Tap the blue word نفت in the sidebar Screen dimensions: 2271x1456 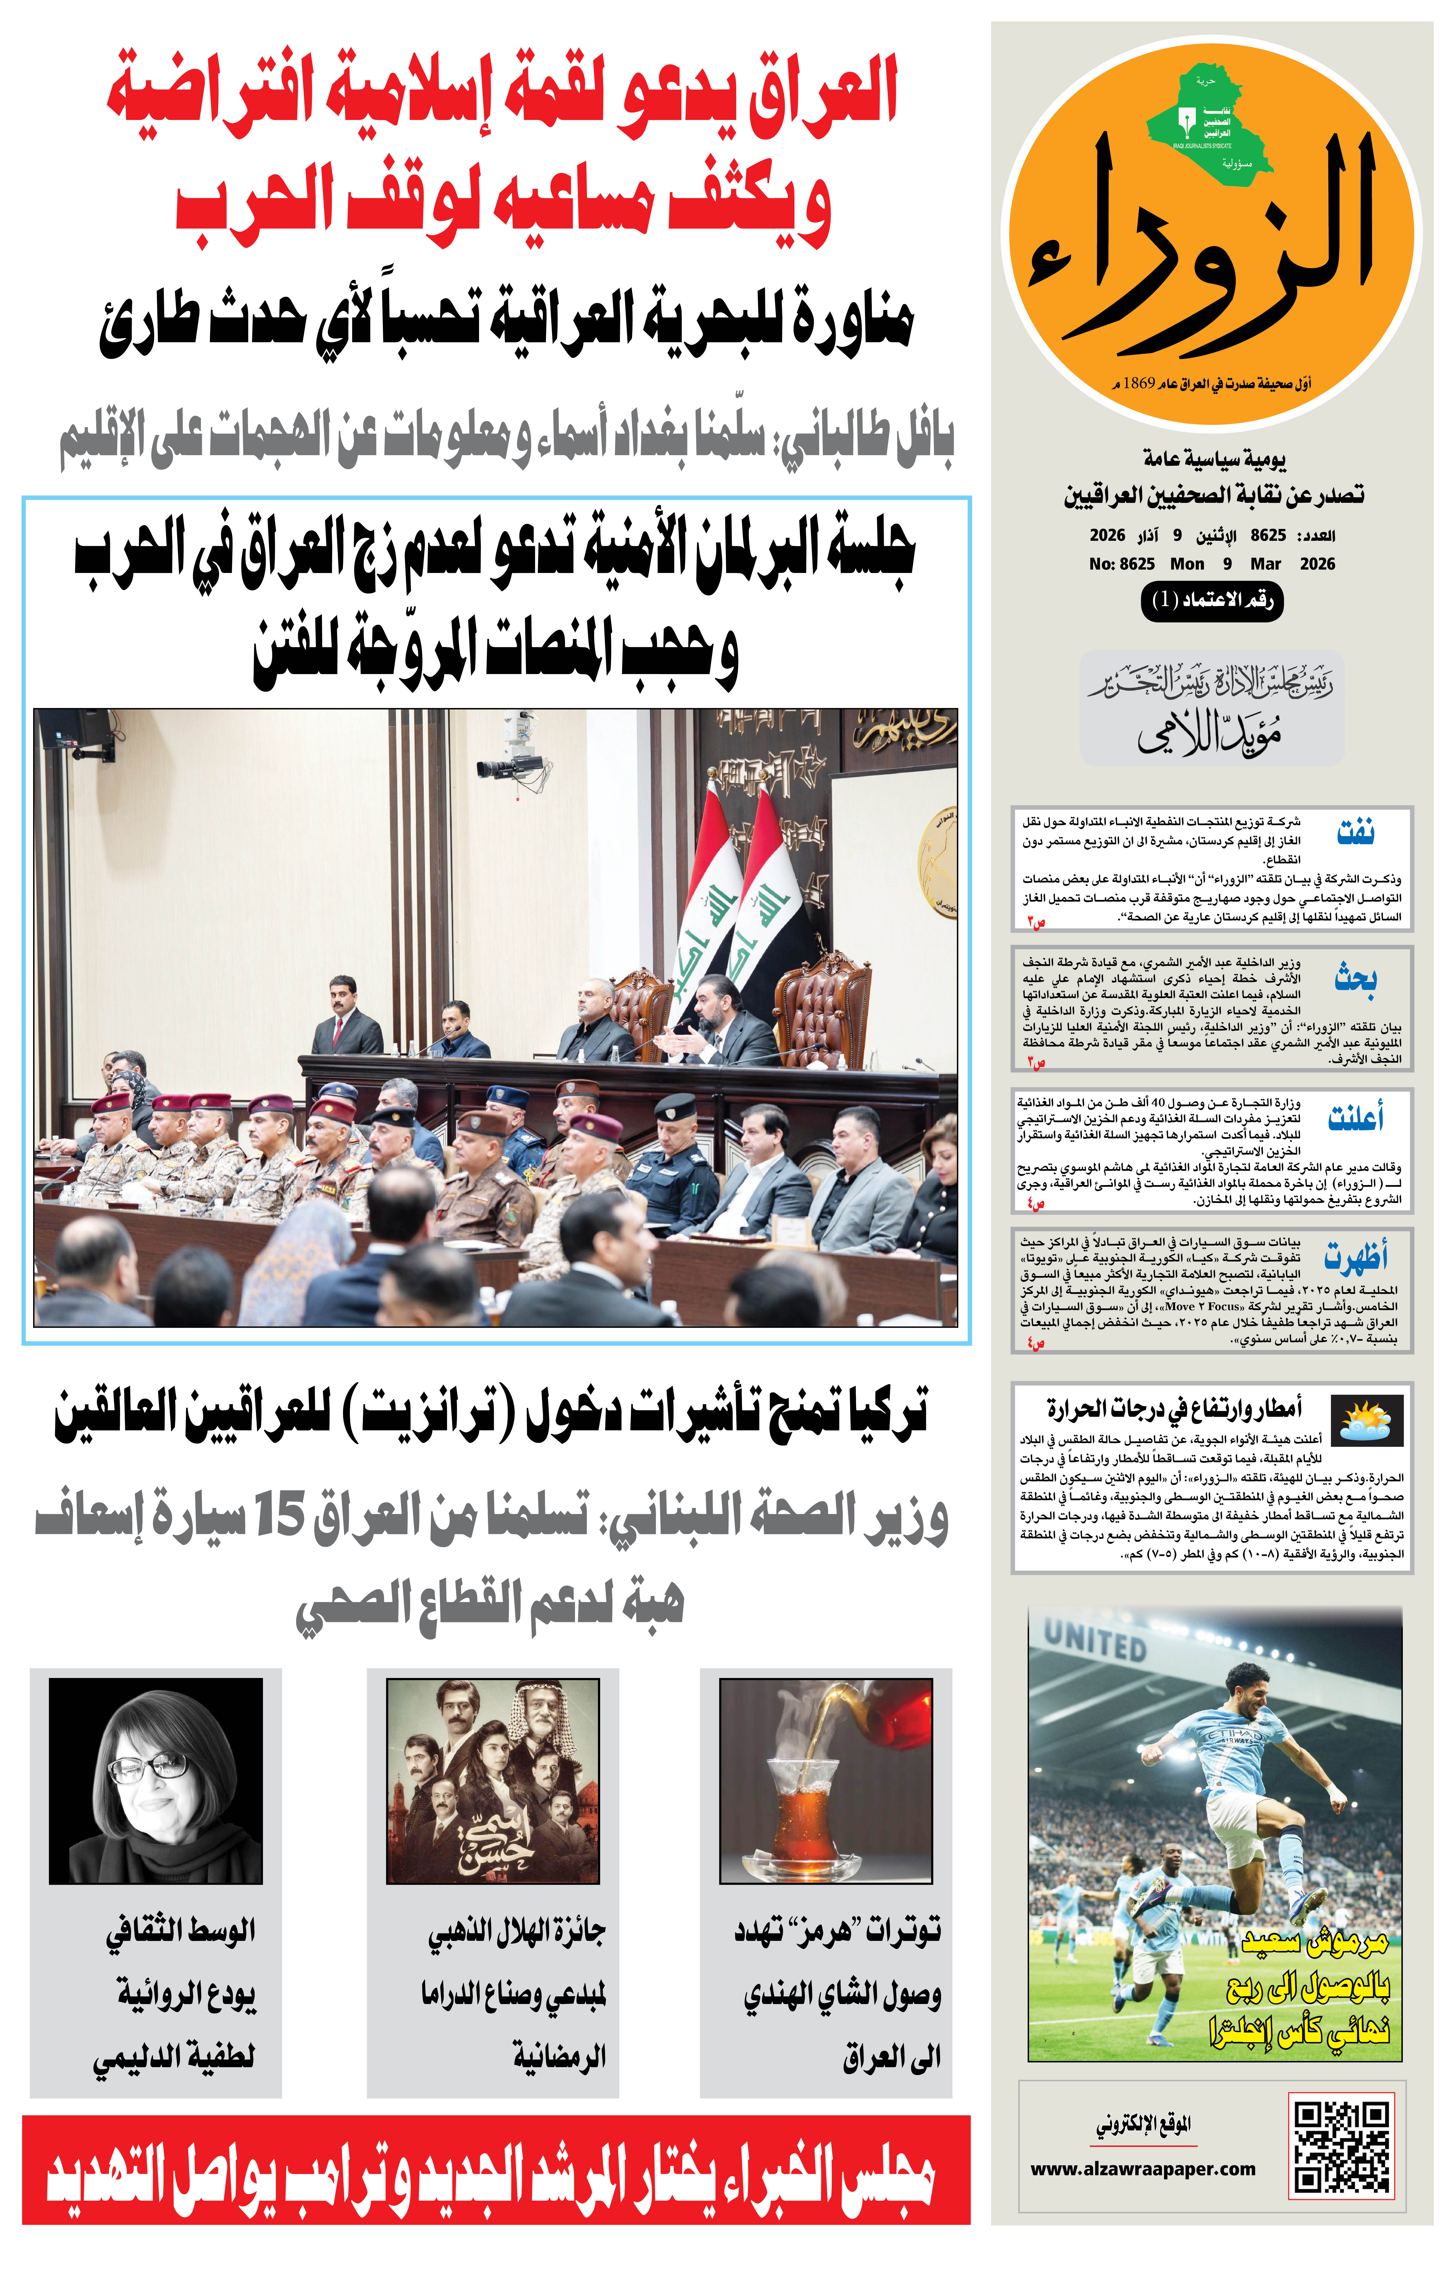[x=1355, y=832]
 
